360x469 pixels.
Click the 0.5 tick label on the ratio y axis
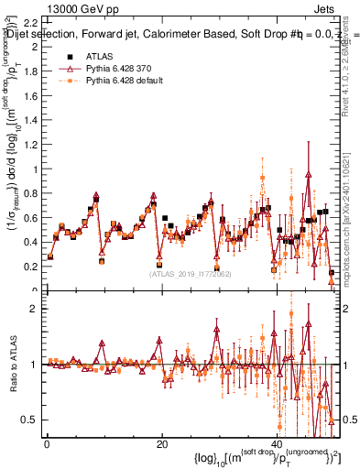click(30, 420)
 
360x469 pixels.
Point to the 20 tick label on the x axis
click(162, 442)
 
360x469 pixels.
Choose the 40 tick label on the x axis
click(278, 442)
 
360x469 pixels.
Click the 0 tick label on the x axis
click(47, 442)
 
